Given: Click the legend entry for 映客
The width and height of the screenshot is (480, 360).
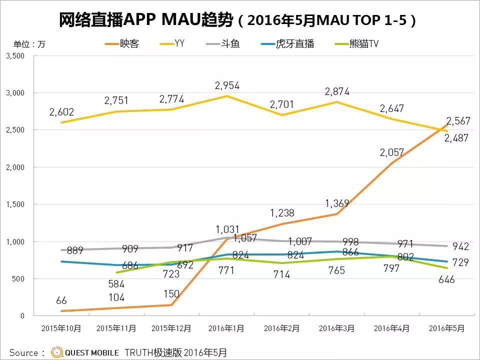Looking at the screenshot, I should pyautogui.click(x=122, y=44).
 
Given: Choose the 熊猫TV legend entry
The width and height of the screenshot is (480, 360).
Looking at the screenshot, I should pyautogui.click(x=356, y=44).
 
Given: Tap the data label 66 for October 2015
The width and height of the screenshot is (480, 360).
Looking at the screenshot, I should pyautogui.click(x=61, y=300).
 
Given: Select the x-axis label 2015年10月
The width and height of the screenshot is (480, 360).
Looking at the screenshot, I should pyautogui.click(x=61, y=329).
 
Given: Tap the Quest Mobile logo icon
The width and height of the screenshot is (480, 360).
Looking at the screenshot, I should pyautogui.click(x=56, y=352).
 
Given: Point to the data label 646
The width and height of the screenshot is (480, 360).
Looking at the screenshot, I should pyautogui.click(x=446, y=279).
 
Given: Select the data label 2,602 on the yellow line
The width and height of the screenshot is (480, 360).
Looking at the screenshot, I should pyautogui.click(x=61, y=111).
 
